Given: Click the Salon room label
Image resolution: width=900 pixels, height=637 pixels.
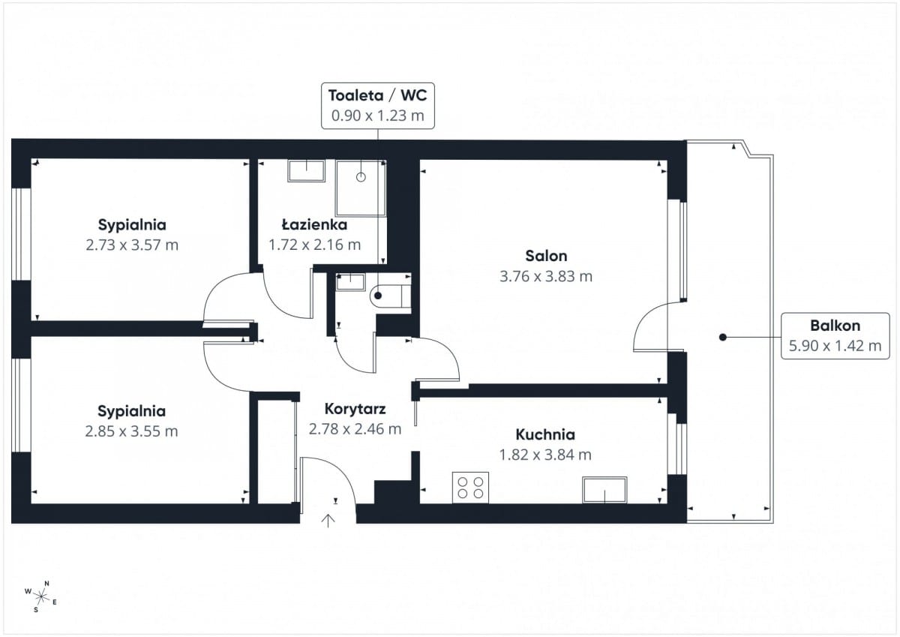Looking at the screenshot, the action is [x=546, y=256].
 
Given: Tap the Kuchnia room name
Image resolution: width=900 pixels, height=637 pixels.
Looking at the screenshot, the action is [x=545, y=434].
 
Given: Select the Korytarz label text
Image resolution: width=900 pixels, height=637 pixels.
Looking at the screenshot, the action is [x=355, y=409].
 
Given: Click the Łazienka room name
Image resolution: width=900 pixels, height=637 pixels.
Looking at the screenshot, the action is [x=314, y=224].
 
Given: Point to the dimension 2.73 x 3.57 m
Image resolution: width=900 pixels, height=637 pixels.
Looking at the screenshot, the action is [x=132, y=245].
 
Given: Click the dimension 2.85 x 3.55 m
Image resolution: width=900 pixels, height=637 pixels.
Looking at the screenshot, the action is [x=131, y=431].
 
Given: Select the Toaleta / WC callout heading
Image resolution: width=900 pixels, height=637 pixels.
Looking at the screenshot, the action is [x=378, y=95].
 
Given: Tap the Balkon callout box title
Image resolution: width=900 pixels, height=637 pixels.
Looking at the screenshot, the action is [x=835, y=326].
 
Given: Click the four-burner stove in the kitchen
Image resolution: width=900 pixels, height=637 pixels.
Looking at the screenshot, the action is [x=470, y=488].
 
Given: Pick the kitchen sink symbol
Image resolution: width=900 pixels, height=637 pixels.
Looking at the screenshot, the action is [x=604, y=490].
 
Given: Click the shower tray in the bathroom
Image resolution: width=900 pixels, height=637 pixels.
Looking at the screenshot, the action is [x=361, y=188].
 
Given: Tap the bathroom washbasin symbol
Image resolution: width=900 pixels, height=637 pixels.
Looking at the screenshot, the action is [x=307, y=171].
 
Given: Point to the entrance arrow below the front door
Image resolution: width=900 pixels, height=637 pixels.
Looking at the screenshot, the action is [x=328, y=521].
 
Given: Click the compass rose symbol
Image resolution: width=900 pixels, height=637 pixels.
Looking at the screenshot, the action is [x=40, y=596].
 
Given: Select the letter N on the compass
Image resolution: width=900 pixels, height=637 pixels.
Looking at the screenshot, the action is [x=46, y=584].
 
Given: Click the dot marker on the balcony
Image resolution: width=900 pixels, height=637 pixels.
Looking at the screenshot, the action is [x=723, y=337].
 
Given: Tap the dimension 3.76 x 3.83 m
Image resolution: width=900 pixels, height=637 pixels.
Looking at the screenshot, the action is [x=546, y=277].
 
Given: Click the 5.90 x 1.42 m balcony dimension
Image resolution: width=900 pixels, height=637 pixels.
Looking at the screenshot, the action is [x=835, y=346].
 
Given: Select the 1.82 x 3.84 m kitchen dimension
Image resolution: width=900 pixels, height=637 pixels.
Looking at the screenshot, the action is [x=545, y=455].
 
